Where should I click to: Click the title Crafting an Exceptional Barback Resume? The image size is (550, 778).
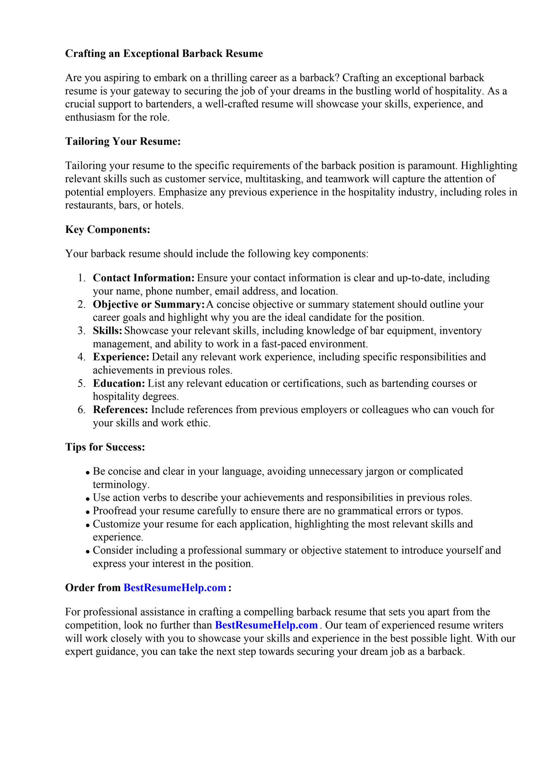164,54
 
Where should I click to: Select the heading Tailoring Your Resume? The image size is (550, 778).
123,141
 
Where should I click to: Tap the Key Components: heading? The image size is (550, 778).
108,229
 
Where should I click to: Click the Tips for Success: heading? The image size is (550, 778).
105,447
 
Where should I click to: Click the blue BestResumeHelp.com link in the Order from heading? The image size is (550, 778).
175,588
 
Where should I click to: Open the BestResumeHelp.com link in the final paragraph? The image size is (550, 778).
266,625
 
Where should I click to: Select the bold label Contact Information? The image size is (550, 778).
144,278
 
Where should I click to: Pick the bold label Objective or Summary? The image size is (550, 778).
149,304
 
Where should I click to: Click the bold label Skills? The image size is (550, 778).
107,330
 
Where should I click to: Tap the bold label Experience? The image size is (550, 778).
121,357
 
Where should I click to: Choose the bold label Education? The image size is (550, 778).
119,383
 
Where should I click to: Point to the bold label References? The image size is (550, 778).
120,410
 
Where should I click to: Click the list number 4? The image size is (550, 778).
81,357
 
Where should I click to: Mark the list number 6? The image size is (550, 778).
81,410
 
